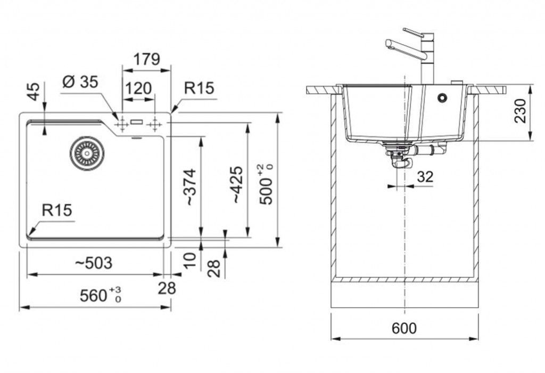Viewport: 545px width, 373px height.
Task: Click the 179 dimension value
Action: point(146,59)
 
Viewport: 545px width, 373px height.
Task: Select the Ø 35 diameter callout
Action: point(80,82)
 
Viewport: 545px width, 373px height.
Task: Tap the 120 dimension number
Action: point(139,88)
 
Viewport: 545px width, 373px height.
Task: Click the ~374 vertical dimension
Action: point(190,187)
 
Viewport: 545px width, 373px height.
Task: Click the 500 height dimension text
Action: point(268,184)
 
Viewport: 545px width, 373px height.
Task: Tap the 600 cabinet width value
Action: point(404,329)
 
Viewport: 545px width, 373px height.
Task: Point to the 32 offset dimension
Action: point(425,177)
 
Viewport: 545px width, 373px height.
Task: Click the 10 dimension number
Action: point(190,261)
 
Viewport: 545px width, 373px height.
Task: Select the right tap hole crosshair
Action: point(155,125)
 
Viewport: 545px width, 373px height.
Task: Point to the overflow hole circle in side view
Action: point(442,98)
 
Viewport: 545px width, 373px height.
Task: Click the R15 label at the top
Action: point(199,88)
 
